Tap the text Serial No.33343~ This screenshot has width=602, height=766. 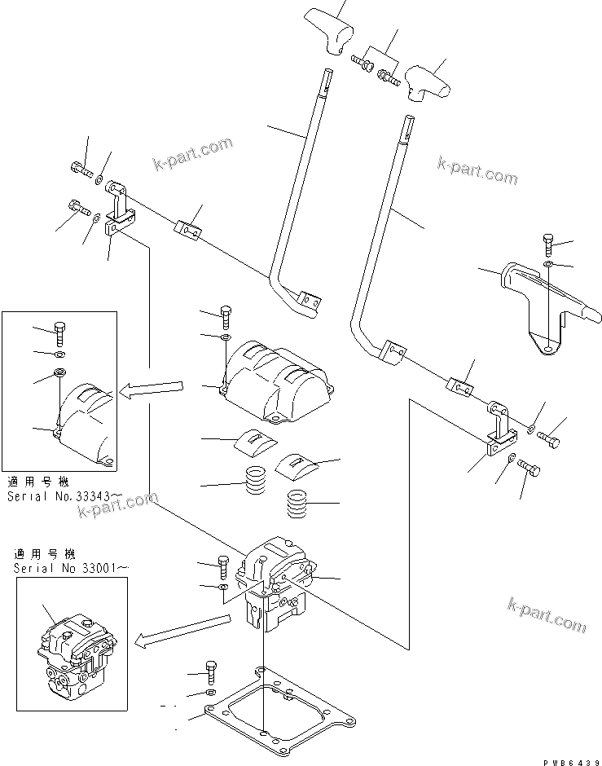tap(61, 495)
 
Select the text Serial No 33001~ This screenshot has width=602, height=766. tap(71, 567)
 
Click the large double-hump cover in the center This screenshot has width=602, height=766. tap(277, 375)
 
